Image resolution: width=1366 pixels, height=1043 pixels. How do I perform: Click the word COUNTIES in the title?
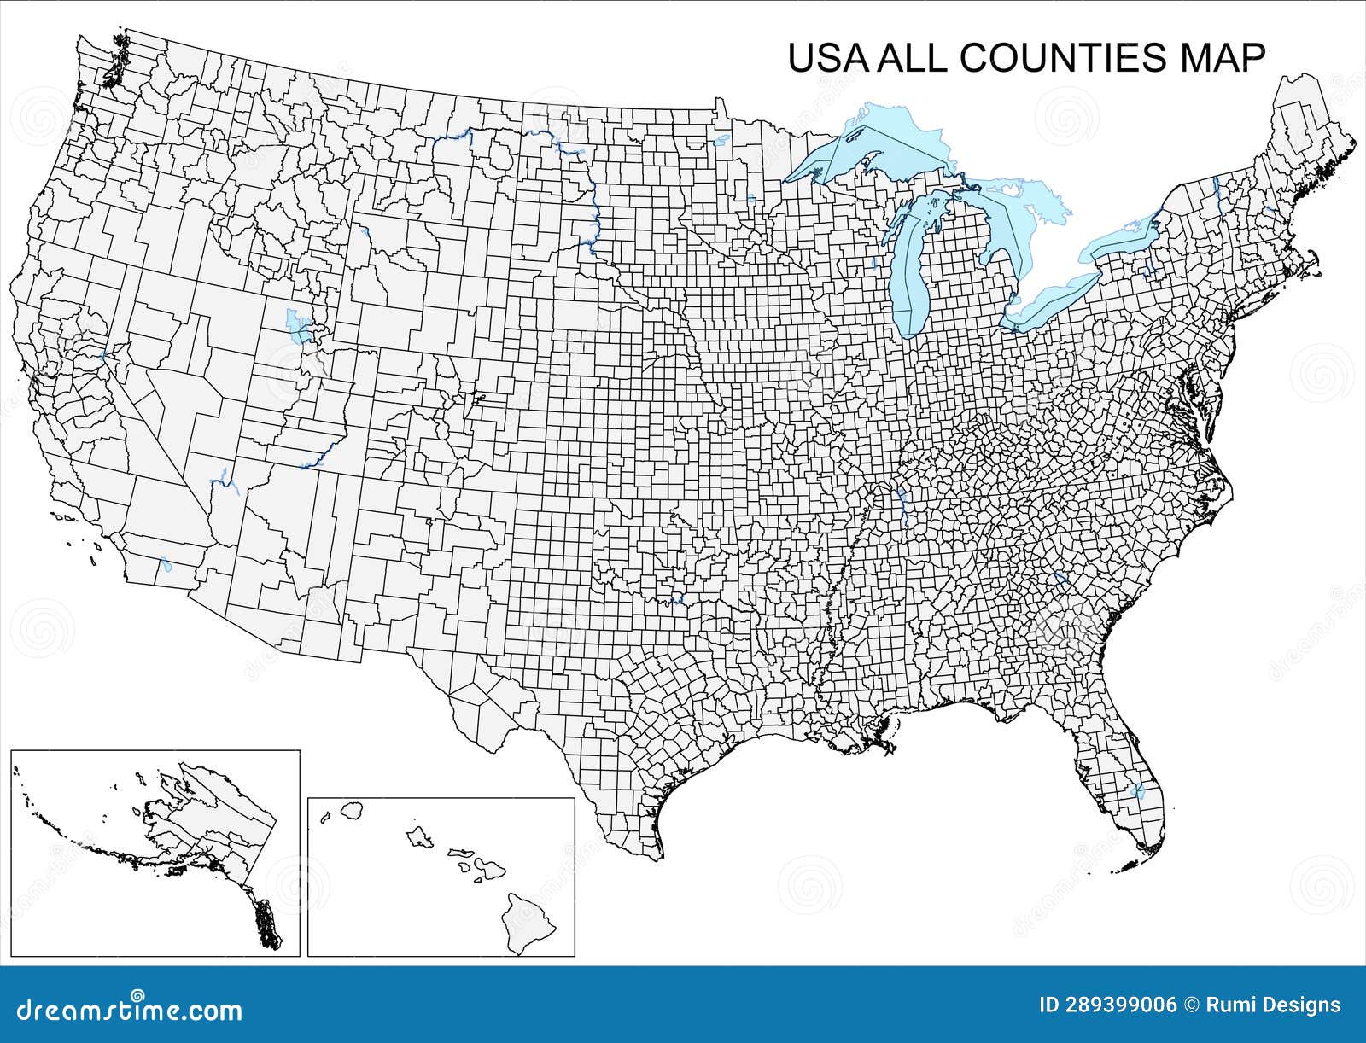click(x=1062, y=58)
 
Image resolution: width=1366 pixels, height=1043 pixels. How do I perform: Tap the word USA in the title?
click(x=826, y=58)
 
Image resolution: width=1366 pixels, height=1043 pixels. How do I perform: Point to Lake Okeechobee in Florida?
click(x=1136, y=791)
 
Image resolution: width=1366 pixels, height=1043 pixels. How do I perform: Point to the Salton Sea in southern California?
click(x=166, y=565)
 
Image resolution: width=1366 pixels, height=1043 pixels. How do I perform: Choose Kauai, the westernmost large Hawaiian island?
click(x=350, y=809)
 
